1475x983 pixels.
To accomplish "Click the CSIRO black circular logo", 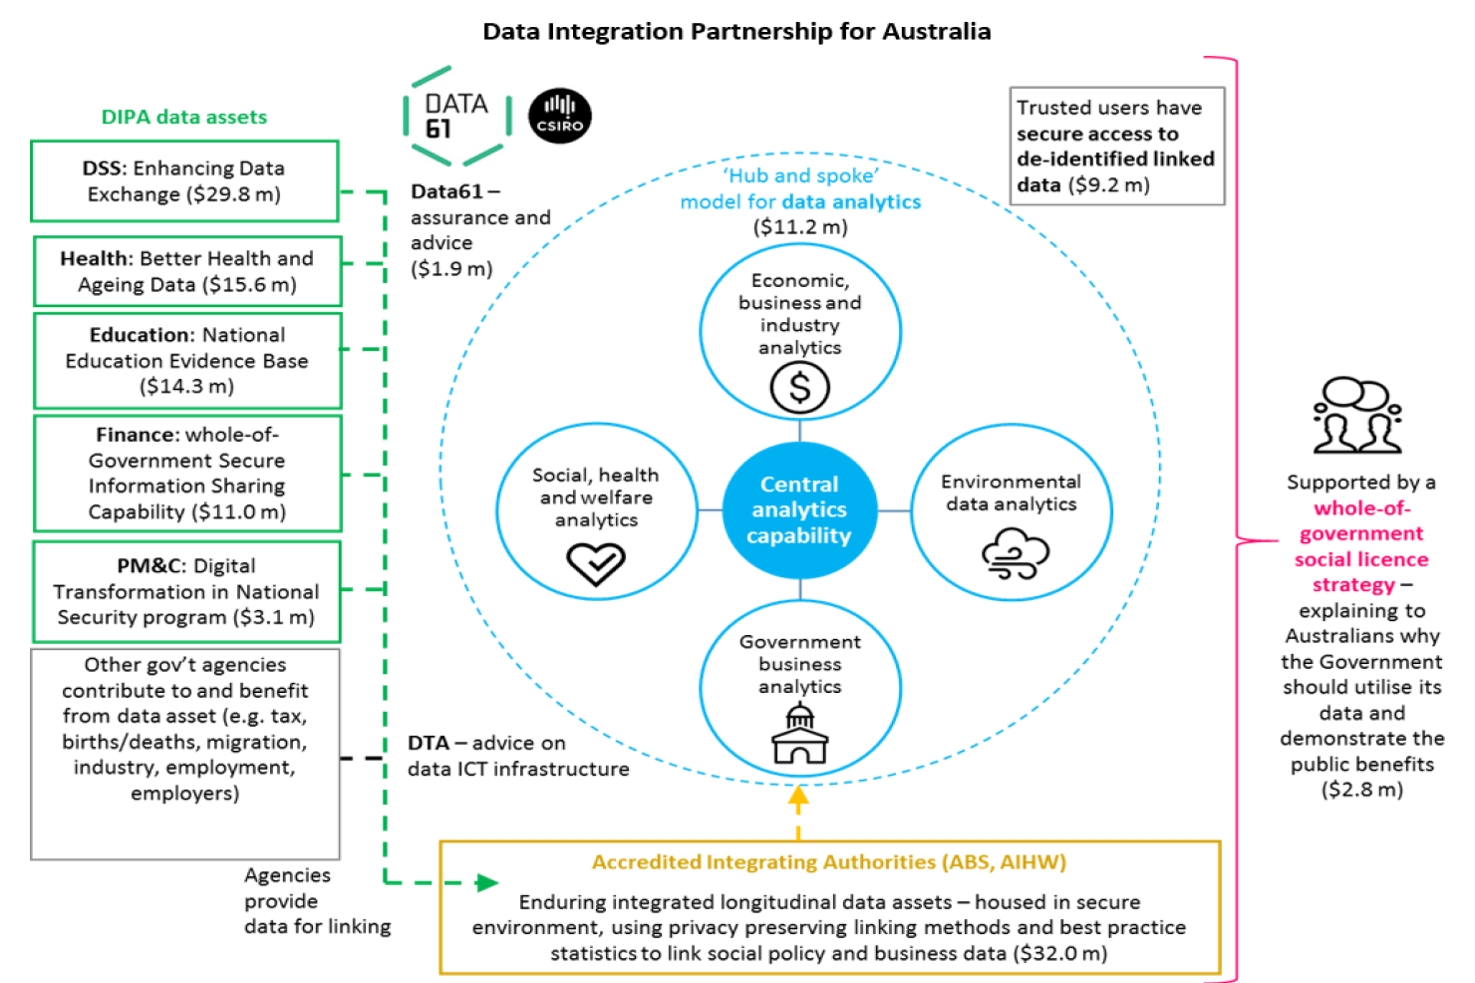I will pos(559,116).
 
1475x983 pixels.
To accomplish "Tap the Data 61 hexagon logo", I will pos(457,116).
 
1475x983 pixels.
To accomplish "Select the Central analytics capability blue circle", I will pos(799,509).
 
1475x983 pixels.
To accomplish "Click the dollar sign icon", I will pos(799,388).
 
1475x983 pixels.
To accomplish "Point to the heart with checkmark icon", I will pos(596,563).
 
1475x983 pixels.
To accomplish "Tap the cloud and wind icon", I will pos(1015,554).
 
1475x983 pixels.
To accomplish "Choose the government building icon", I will pos(800,734).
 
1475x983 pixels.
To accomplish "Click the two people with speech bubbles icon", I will pos(1357,416).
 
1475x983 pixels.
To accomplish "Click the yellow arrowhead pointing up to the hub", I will pos(798,796).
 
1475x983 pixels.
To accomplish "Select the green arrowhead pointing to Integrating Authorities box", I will pos(487,882).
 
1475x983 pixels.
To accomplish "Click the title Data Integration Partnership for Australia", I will pos(737,31).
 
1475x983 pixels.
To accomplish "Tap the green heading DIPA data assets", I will pos(184,117).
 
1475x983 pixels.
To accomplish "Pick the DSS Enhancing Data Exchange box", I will pos(184,180).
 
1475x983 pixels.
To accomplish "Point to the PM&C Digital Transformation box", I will pos(186,591).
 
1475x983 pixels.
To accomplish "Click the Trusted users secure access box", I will pos(1116,146).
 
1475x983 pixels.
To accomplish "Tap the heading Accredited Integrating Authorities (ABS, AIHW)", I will pos(829,862).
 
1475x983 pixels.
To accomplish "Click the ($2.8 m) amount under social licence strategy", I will pos(1361,790).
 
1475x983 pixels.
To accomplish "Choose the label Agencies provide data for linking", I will pos(317,900).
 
